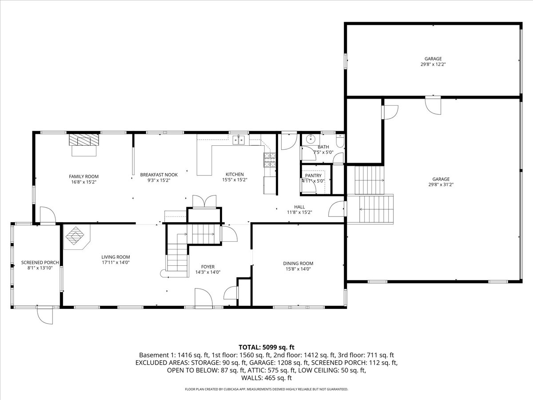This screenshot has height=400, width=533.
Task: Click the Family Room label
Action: tap(84, 176)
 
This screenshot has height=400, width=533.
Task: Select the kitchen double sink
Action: tap(239, 140)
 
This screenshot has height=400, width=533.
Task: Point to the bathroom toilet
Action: tap(340, 141)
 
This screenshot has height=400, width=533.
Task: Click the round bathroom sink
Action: tap(310, 140)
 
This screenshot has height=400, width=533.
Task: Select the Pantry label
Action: tap(313, 176)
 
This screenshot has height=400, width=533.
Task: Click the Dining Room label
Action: tap(298, 263)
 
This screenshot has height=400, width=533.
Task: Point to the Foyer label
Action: tap(208, 267)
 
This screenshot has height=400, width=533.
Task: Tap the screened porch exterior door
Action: tap(44, 316)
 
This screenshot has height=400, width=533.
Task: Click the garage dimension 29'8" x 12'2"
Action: tap(433, 64)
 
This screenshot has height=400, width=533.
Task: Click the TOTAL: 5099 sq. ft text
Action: tap(266, 347)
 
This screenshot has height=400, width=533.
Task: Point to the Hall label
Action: tap(299, 207)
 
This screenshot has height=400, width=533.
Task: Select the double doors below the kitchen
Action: tap(204, 201)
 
